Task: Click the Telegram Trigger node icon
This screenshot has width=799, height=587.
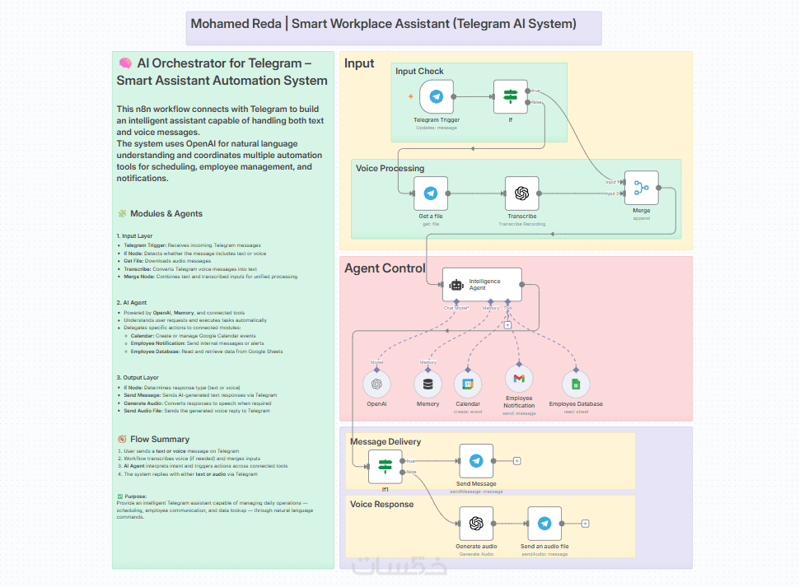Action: pos(437,97)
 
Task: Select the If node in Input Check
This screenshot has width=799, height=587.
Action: pos(510,96)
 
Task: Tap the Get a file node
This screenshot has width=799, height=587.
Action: pos(430,193)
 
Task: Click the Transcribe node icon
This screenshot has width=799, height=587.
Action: pos(521,193)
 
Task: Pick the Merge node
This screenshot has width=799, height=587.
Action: pos(641,188)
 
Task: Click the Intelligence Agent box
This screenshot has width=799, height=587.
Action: pos(482,285)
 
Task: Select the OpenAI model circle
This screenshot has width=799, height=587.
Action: pos(376,384)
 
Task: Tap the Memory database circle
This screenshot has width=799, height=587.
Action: pos(428,384)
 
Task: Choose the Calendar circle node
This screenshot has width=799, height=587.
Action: pos(468,384)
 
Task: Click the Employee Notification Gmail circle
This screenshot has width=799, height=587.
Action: pos(519,379)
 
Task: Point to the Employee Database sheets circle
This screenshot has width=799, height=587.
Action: pos(576,384)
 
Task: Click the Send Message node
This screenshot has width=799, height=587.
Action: pos(476,461)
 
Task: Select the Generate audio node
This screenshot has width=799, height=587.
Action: pos(476,524)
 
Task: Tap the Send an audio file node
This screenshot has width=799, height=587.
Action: pos(544,524)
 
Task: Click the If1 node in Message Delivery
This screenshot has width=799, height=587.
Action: pos(385,468)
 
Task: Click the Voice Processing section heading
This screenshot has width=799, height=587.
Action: pos(390,169)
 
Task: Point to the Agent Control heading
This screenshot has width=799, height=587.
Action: pos(385,268)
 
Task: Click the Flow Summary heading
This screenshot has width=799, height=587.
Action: pos(159,440)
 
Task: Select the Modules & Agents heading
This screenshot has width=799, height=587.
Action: pos(166,214)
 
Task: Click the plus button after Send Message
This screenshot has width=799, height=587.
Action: pos(516,461)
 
